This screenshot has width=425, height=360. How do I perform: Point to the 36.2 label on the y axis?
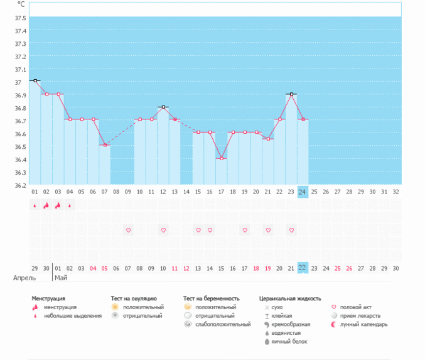click(20, 185)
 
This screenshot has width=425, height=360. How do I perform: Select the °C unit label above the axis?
click(21, 5)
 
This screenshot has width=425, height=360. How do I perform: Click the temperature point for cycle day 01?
click(35, 80)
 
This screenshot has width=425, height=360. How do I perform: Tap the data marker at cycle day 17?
click(221, 158)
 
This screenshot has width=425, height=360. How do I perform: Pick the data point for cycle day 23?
click(291, 94)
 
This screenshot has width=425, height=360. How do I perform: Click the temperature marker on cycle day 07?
click(105, 145)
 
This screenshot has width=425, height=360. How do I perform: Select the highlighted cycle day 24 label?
click(303, 192)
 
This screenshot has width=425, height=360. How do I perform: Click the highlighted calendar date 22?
click(303, 268)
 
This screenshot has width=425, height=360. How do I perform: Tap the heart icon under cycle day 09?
click(128, 231)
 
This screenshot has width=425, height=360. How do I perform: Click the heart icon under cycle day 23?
click(291, 231)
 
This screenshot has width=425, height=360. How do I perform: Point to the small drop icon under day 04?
click(70, 205)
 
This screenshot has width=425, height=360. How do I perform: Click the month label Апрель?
click(24, 277)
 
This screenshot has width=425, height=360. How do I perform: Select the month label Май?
click(61, 277)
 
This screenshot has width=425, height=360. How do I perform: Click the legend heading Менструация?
click(48, 298)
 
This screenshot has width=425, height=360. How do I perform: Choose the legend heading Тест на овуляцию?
click(134, 298)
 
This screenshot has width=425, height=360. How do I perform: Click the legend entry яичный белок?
click(289, 342)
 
